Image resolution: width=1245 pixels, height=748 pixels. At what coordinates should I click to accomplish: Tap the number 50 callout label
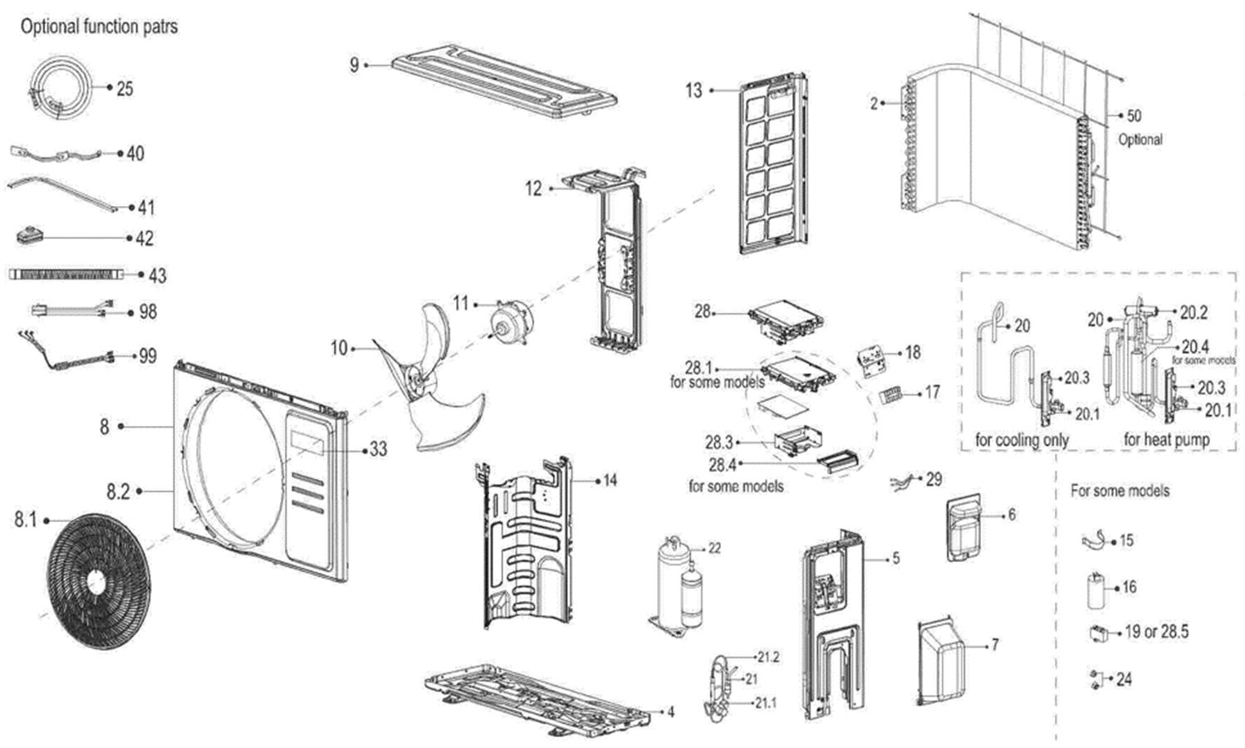coord(1134,115)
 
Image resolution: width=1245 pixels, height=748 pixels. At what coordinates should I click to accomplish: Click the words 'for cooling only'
coord(1022,439)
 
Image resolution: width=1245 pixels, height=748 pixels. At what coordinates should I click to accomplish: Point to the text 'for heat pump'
coord(1166,439)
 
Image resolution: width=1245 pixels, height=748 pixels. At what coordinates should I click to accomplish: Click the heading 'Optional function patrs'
coord(99,27)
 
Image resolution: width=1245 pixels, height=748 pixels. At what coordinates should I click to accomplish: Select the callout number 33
coord(378,449)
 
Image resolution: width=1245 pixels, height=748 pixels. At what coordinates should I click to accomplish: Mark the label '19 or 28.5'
coord(1156,632)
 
